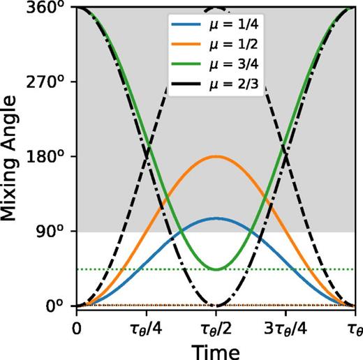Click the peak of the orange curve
[x=216, y=156]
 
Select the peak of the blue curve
[x=216, y=218]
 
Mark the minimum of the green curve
[x=216, y=269]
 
